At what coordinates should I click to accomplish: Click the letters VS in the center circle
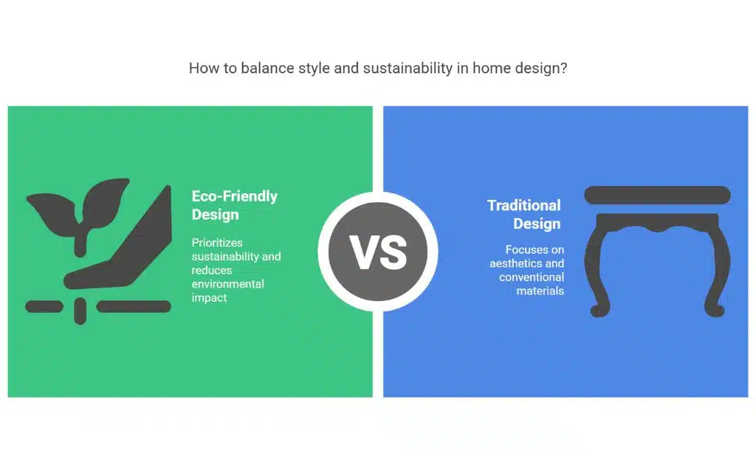click(x=378, y=252)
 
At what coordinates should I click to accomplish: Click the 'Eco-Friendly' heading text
click(x=234, y=196)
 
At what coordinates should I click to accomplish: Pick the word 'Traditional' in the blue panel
click(x=524, y=205)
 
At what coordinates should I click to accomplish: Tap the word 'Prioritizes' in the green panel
click(x=217, y=242)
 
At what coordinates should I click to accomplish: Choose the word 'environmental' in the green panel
click(x=227, y=284)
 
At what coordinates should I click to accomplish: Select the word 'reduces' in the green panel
click(x=212, y=270)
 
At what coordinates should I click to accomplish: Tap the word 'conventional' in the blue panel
click(x=532, y=277)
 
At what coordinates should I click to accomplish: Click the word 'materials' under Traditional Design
click(x=540, y=291)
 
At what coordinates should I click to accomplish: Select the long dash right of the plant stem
click(x=134, y=306)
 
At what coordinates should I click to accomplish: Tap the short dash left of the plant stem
click(x=44, y=306)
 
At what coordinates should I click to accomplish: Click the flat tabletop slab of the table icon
click(x=657, y=195)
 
